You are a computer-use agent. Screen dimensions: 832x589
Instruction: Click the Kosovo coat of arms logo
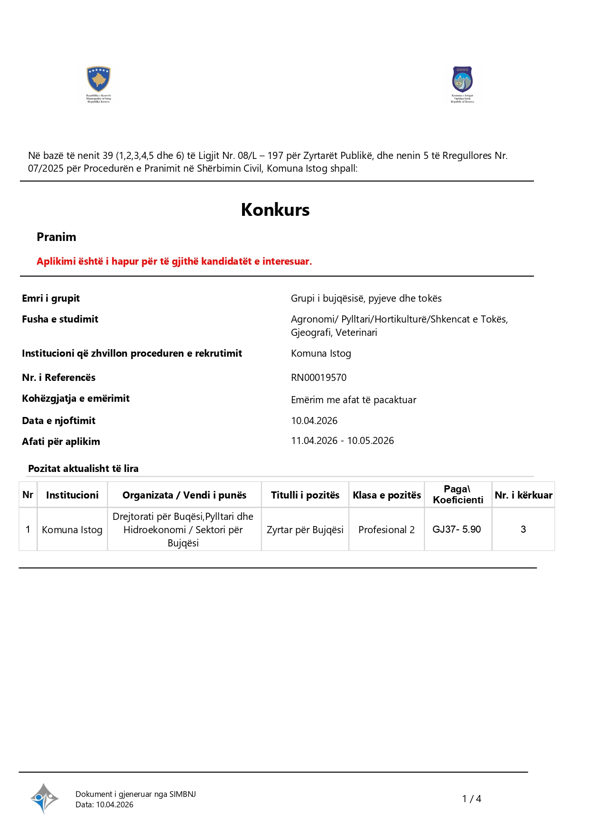pyautogui.click(x=98, y=79)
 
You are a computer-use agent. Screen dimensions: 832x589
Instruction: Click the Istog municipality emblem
pyautogui.click(x=462, y=80)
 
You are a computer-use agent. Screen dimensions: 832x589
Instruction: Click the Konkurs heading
pyautogui.click(x=275, y=210)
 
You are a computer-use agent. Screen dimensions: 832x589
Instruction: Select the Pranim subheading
pyautogui.click(x=56, y=237)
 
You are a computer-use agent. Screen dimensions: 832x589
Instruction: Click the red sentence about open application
pyautogui.click(x=174, y=261)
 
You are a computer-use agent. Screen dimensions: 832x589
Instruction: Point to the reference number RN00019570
pyautogui.click(x=318, y=378)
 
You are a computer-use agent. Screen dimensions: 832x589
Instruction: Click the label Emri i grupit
pyautogui.click(x=51, y=298)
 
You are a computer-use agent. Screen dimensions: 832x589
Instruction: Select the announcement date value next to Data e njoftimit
pyautogui.click(x=314, y=421)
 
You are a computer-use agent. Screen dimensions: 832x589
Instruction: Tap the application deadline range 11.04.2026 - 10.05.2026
pyautogui.click(x=342, y=441)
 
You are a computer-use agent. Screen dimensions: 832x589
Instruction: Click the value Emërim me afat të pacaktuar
pyautogui.click(x=354, y=400)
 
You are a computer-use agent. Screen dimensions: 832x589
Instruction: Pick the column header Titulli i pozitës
pyautogui.click(x=305, y=495)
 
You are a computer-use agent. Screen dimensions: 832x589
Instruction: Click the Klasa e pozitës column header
pyautogui.click(x=387, y=495)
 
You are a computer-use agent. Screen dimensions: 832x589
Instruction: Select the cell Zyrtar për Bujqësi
pyautogui.click(x=305, y=530)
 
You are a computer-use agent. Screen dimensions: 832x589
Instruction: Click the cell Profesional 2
pyautogui.click(x=386, y=530)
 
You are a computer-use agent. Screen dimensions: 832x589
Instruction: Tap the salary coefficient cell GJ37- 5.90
pyautogui.click(x=457, y=529)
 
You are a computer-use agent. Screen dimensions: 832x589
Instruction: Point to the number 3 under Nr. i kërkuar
pyautogui.click(x=523, y=529)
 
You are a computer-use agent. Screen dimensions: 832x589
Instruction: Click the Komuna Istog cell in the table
pyautogui.click(x=72, y=530)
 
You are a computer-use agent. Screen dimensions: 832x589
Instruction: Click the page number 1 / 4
pyautogui.click(x=471, y=799)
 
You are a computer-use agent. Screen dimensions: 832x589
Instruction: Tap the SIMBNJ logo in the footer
pyautogui.click(x=44, y=798)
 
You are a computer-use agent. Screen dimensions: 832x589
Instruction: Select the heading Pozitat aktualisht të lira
pyautogui.click(x=84, y=469)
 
